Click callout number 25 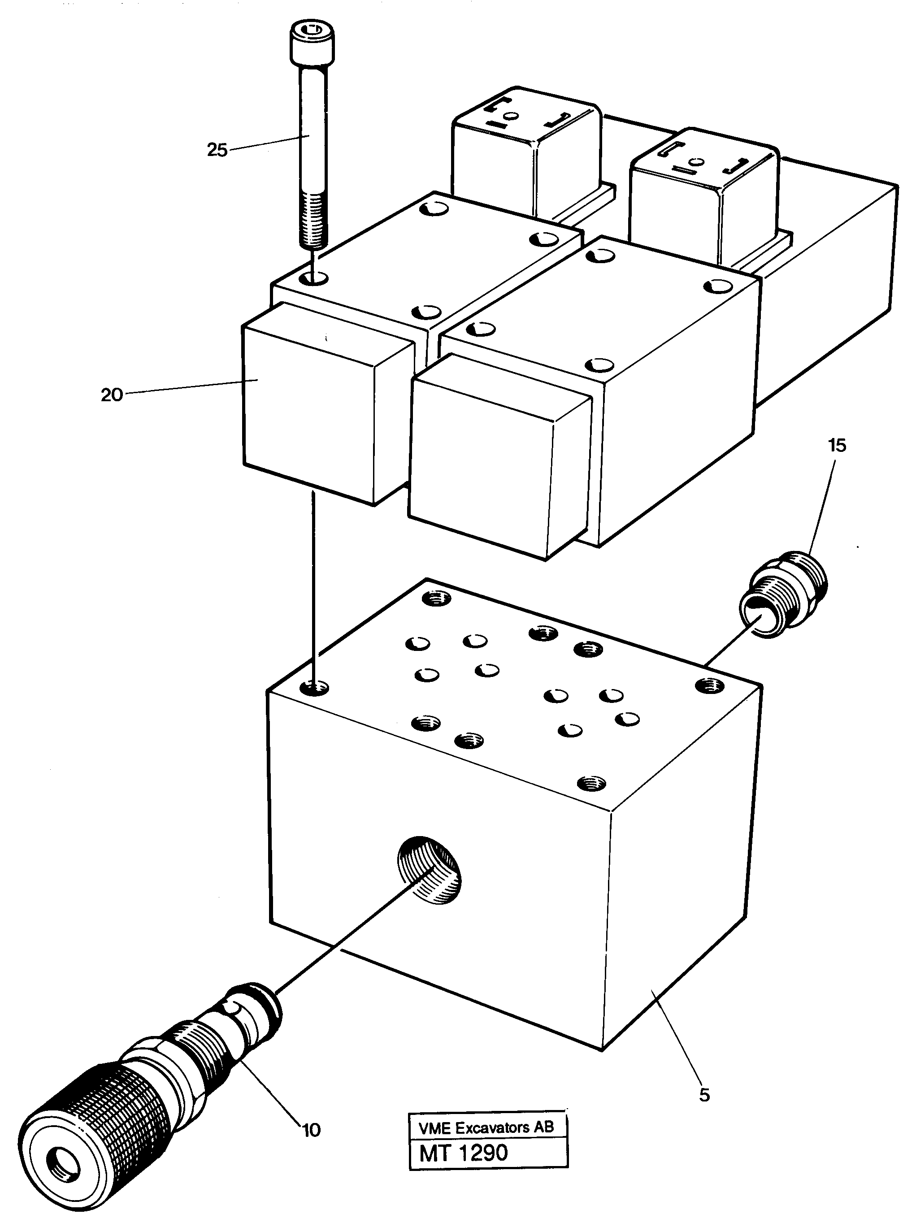(217, 150)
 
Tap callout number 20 (112, 395)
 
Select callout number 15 (837, 445)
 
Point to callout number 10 (311, 1130)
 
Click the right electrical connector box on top (704, 194)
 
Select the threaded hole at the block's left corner (314, 689)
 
